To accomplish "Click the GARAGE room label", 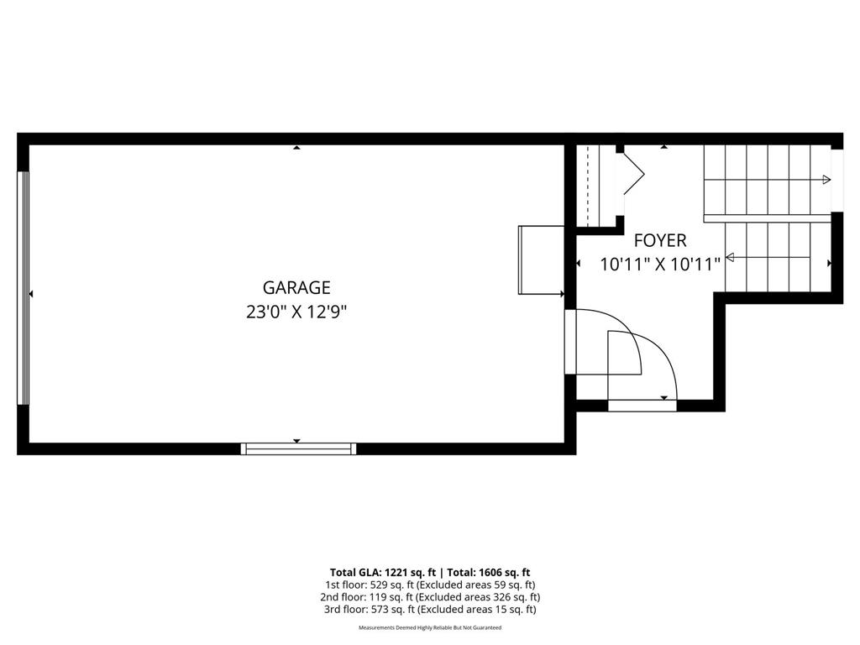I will (x=296, y=288).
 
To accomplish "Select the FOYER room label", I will (x=660, y=240).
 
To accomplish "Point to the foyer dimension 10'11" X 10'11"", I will (x=660, y=265).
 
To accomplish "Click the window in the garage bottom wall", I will (x=298, y=448).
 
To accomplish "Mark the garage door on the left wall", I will (x=24, y=290).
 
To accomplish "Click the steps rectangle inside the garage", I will (x=541, y=260).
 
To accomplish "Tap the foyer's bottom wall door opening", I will (x=642, y=406).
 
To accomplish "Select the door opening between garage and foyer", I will (x=570, y=342).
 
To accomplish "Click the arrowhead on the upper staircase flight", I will (x=826, y=179).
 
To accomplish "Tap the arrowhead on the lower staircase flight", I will (x=730, y=257).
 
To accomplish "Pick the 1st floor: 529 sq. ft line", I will (x=430, y=585).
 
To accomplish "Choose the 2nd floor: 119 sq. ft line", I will (x=430, y=597).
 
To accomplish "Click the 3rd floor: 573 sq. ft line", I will (x=430, y=610).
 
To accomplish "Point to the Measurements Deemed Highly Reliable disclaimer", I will (x=430, y=628).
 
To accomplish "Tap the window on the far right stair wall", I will (x=836, y=180).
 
